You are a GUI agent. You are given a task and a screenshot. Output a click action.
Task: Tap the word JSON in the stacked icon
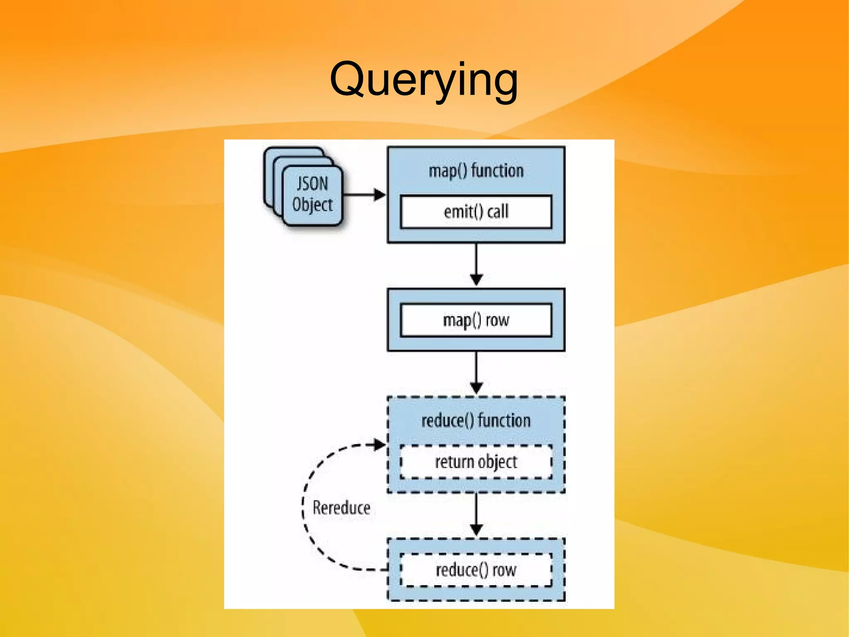[x=312, y=183]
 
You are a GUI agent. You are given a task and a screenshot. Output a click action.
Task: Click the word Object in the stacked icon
[x=312, y=205]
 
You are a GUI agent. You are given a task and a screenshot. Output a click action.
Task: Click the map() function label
[x=476, y=171]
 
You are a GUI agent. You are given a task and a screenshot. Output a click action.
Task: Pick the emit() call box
[x=476, y=212]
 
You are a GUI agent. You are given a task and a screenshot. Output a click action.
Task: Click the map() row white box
[x=476, y=320]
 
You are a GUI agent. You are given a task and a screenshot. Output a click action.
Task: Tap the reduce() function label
[x=476, y=420]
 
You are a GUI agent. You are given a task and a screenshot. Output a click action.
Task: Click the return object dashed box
[x=476, y=462]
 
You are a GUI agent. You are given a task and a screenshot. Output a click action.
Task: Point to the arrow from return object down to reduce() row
[x=476, y=514]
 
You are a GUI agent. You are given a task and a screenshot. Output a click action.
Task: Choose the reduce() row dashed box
[x=476, y=570]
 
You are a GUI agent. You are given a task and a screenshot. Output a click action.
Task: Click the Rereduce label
[x=341, y=508]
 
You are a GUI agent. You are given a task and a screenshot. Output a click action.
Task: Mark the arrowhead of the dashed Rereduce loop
[x=379, y=444]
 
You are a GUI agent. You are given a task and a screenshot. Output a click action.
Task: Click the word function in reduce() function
[x=504, y=420]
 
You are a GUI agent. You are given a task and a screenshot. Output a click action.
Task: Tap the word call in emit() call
[x=497, y=212]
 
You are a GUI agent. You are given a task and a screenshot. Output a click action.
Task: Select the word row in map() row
[x=497, y=320]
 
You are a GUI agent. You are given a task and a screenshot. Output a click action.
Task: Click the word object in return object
[x=497, y=462]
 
